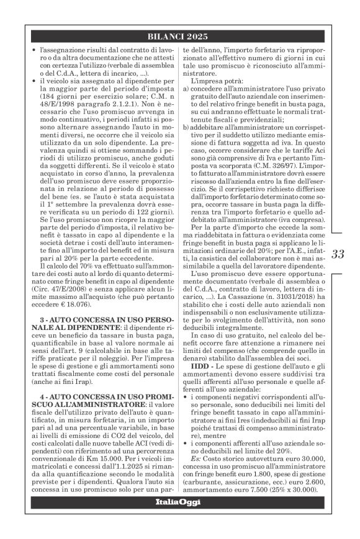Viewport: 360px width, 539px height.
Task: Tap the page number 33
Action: tap(338, 254)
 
